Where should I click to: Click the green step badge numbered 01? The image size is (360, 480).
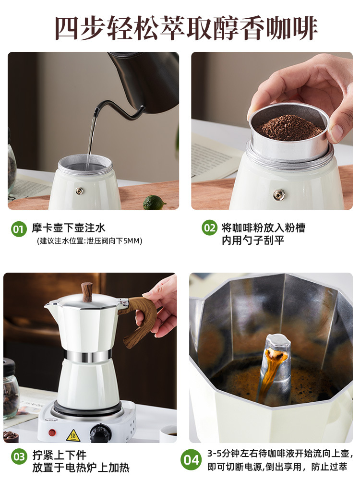(19, 228)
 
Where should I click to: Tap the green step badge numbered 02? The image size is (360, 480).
(209, 228)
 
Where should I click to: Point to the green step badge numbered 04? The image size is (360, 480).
(191, 459)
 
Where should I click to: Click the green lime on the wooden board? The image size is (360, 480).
(154, 203)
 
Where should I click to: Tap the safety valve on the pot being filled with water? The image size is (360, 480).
(80, 191)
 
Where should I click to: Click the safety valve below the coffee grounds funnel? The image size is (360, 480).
(279, 194)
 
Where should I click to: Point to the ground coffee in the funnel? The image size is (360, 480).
(289, 127)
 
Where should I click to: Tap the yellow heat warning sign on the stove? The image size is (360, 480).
(73, 435)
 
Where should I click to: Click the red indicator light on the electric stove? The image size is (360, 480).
(52, 433)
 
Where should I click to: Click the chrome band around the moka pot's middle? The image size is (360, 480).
(87, 355)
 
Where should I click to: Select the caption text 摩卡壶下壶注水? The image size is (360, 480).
(69, 228)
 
